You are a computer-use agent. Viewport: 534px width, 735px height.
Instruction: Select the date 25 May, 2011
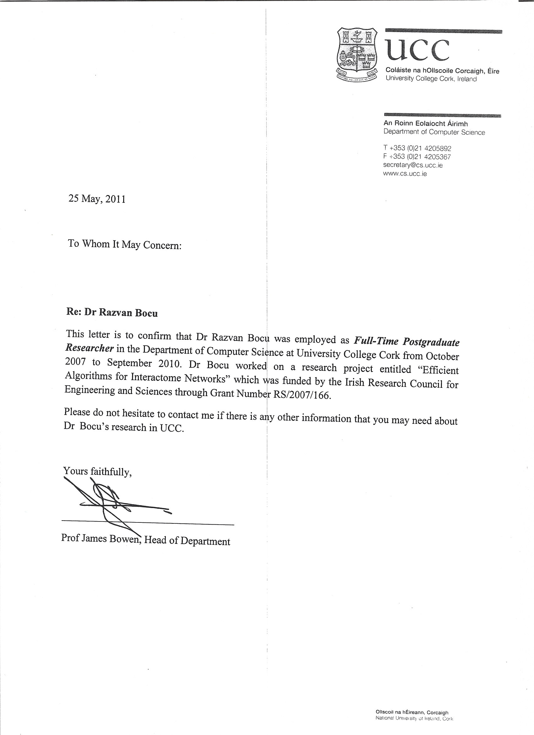click(x=97, y=199)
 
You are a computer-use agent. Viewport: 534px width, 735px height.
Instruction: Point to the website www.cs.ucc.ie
click(x=405, y=174)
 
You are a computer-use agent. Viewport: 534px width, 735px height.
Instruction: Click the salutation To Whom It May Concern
click(x=124, y=244)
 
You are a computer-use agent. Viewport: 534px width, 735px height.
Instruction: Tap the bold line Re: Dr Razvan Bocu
click(x=112, y=312)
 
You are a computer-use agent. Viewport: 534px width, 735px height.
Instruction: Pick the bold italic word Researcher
click(x=90, y=348)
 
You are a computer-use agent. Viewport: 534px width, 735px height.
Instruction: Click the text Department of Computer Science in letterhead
click(x=434, y=132)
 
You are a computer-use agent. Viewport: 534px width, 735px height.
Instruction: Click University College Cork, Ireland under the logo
click(x=431, y=79)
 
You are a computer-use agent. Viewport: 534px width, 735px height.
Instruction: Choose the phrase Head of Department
click(x=187, y=541)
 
